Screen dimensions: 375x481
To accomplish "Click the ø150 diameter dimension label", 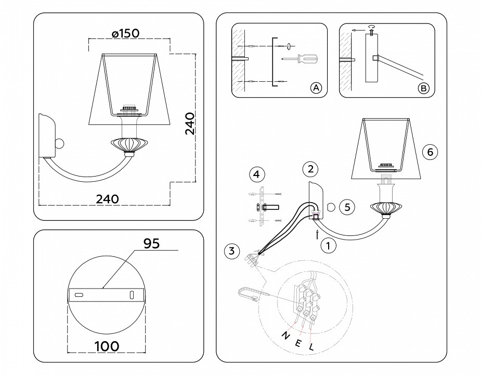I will (x=125, y=33).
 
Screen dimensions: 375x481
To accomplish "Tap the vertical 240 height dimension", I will (x=190, y=123).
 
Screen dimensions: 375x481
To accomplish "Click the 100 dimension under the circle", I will (x=107, y=345).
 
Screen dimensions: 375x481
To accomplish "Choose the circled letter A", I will (x=316, y=88).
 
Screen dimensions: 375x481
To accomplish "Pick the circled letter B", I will (x=424, y=88).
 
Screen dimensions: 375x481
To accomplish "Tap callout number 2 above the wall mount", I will (x=310, y=169).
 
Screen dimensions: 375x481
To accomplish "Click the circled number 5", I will (x=346, y=207).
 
